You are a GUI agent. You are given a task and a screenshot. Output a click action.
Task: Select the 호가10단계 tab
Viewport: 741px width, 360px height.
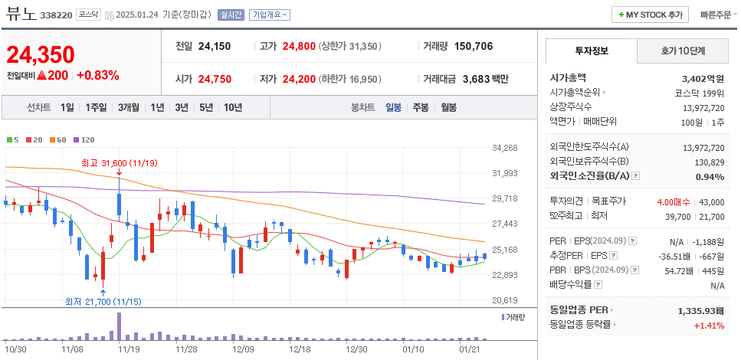click(683, 51)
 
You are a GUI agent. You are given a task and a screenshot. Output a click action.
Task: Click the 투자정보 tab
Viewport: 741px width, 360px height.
click(591, 51)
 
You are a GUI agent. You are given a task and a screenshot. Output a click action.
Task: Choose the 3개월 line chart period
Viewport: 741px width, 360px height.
click(128, 108)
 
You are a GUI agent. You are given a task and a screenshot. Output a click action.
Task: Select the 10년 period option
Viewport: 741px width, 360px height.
click(233, 108)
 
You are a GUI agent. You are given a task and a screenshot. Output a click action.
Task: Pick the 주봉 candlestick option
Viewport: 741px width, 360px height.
click(421, 108)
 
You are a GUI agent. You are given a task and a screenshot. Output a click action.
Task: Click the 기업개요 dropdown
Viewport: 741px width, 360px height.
click(270, 15)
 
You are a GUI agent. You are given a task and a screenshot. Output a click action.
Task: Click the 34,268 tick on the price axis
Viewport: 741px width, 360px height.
click(505, 148)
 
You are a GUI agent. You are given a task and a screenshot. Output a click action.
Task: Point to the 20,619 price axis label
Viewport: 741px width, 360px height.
click(505, 300)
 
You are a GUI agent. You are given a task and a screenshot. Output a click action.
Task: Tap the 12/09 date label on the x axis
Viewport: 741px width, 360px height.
click(243, 349)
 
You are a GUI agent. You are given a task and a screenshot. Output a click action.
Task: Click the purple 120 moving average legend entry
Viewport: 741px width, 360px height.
click(85, 139)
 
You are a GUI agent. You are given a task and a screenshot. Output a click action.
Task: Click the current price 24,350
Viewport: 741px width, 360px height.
click(41, 55)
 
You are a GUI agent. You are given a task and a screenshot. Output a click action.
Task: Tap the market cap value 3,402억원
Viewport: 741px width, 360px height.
click(702, 78)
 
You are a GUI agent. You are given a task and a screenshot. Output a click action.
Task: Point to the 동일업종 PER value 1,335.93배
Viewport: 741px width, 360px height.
click(701, 311)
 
